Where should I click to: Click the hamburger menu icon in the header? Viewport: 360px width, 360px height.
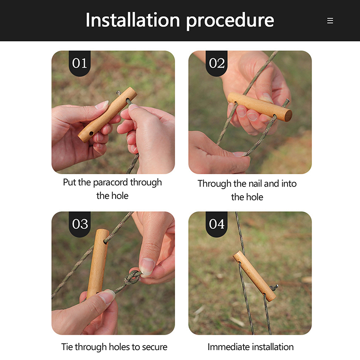tap(330, 21)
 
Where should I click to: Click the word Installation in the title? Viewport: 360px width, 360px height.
tap(133, 20)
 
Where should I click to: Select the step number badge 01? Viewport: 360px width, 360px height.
tap(80, 63)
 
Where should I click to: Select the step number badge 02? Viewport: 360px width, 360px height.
tap(216, 63)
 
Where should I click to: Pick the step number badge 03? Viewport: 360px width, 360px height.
tap(80, 224)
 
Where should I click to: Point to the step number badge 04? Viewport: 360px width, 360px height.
tap(216, 224)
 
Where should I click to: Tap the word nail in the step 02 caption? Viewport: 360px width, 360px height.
tap(255, 184)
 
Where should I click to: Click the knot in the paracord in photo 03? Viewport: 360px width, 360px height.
tap(132, 278)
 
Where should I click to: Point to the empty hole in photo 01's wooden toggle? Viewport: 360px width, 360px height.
tap(91, 133)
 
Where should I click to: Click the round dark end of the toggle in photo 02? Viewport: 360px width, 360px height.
tap(288, 116)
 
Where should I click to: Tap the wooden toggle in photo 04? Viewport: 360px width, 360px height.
tap(255, 276)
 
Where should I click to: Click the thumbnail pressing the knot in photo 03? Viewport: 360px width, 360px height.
tap(147, 267)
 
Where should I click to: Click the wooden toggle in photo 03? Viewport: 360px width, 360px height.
tap(98, 263)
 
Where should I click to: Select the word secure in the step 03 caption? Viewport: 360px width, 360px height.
tap(154, 347)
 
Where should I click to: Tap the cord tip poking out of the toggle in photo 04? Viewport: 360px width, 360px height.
tap(275, 287)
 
